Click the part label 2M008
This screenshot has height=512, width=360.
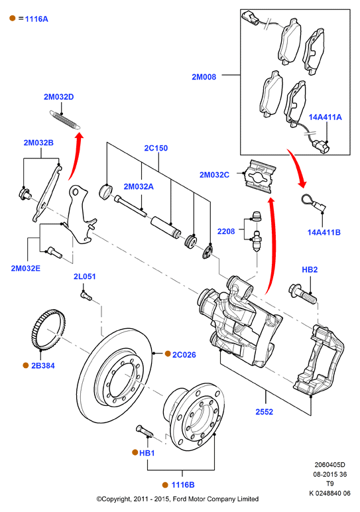click(204, 77)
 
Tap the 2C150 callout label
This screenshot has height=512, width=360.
click(156, 148)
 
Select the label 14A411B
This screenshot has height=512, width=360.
click(324, 232)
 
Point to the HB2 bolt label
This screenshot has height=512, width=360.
click(310, 269)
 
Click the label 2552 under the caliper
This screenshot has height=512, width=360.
click(264, 412)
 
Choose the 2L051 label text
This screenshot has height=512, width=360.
click(85, 277)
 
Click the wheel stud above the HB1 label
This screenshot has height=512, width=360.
click(144, 431)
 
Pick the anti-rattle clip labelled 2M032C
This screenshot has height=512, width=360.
click(260, 176)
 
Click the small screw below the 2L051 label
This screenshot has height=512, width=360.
click(86, 296)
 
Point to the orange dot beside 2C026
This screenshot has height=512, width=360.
click(168, 353)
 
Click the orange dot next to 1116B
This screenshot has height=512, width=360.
click(165, 485)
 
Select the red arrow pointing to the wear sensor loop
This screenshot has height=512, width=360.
click(298, 168)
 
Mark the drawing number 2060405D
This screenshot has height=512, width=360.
click(330, 465)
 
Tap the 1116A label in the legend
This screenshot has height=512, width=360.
click(36, 19)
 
